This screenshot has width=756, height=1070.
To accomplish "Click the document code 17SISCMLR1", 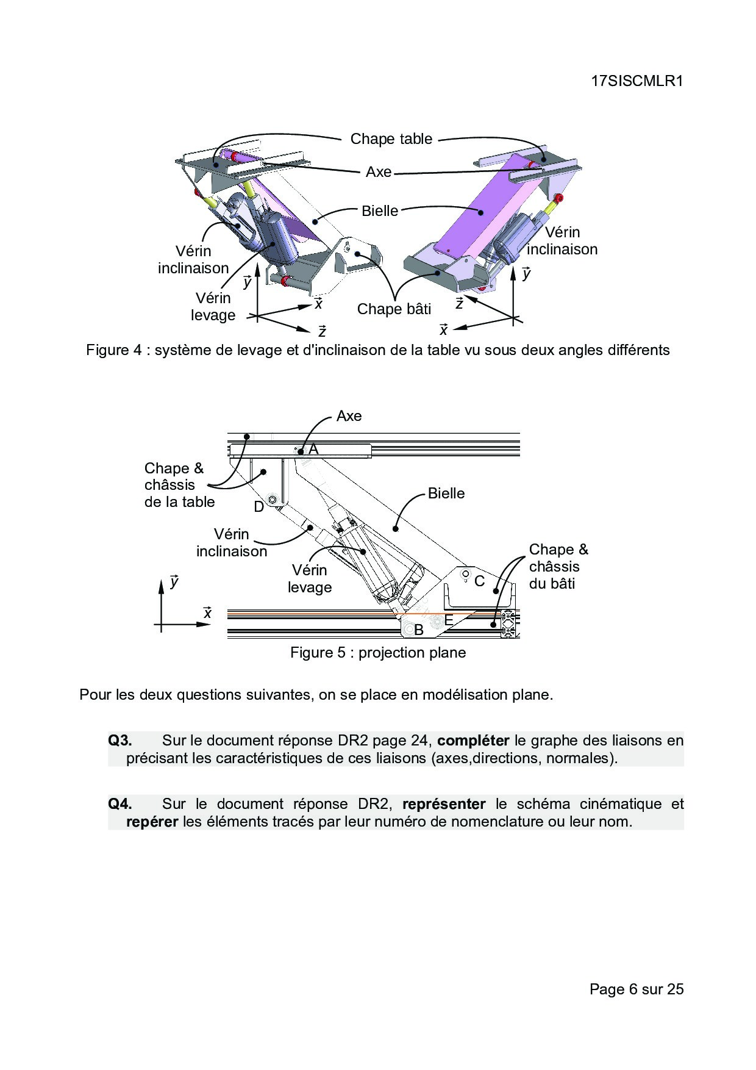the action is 637,81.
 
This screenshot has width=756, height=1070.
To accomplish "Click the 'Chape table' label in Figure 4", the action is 391,139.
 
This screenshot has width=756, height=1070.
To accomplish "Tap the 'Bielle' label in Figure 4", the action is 380,211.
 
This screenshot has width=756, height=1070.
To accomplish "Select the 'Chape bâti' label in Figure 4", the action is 394,309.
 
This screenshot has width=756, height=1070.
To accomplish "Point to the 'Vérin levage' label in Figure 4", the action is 213,306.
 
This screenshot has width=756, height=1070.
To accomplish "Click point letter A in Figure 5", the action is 313,450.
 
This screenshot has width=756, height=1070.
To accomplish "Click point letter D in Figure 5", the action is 259,507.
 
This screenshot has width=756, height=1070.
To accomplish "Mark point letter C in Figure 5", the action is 480,581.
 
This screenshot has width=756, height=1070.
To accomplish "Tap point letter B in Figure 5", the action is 419,630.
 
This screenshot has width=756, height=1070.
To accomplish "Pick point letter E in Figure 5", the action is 448,620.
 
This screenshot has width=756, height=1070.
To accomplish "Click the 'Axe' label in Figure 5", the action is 349,416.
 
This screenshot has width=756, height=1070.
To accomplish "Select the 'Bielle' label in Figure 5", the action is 446,494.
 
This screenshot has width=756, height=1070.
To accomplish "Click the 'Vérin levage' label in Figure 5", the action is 310,579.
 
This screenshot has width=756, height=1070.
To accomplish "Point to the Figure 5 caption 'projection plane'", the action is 412,653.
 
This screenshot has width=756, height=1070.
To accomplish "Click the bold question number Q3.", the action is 120,741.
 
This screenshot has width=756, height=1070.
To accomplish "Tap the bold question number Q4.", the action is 120,804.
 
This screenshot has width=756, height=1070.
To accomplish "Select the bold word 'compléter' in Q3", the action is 473,741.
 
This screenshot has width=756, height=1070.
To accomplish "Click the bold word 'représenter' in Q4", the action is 444,804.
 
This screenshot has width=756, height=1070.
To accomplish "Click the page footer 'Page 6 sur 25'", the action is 637,989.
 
